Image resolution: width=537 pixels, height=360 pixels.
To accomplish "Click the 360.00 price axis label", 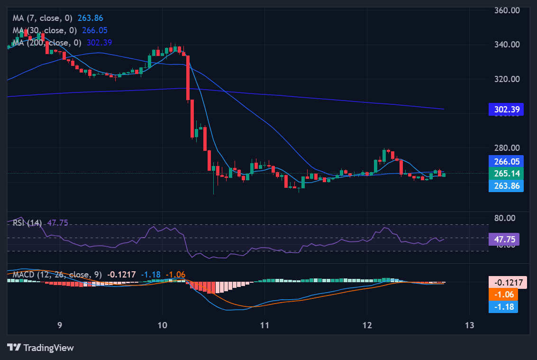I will [507, 10].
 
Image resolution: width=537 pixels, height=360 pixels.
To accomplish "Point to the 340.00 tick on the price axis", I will [507, 45].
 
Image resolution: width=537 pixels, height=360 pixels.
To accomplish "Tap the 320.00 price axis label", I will [507, 79].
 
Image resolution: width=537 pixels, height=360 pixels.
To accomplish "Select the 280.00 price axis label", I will [507, 148].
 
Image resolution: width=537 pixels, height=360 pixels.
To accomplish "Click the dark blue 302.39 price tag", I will [506, 110].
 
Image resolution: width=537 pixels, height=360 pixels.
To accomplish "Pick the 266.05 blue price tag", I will [506, 161].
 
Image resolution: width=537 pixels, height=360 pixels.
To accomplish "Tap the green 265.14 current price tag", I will [506, 174].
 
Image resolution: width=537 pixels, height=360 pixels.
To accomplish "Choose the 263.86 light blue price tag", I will [506, 185].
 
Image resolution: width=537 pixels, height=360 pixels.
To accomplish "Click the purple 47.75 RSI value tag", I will [506, 239].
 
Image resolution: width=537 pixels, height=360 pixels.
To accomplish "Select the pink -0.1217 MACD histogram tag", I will [508, 283].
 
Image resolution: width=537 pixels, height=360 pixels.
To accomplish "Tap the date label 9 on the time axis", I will [60, 325].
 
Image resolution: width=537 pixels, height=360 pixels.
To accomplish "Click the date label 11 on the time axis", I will [264, 325].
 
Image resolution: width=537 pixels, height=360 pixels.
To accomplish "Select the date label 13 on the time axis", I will [469, 325].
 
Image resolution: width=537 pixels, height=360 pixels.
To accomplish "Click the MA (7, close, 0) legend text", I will [42, 18].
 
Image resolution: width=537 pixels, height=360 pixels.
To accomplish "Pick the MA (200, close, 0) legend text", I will [47, 43].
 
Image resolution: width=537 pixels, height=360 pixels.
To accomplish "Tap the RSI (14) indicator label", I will [27, 222].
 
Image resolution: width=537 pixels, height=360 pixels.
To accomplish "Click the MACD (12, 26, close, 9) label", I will [57, 275].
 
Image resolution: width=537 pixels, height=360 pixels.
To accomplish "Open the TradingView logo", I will [41, 348].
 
